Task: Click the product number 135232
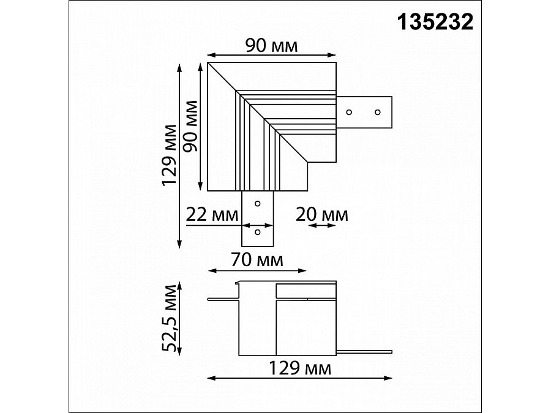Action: [435, 22]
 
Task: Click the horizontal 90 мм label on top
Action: [271, 46]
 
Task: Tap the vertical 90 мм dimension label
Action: [191, 125]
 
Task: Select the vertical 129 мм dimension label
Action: [169, 155]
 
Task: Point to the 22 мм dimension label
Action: [212, 215]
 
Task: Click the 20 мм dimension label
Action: [322, 215]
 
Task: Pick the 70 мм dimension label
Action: [257, 260]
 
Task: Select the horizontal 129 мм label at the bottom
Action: [300, 368]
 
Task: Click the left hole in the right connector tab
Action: [349, 112]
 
